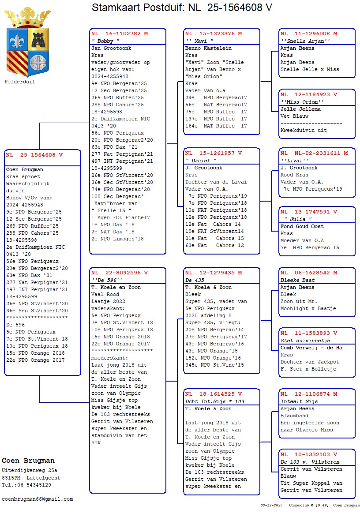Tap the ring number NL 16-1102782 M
pos(120,34)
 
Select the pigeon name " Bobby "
pos(105,41)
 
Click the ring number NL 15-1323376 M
pos(214,34)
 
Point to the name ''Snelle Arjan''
pos(305,41)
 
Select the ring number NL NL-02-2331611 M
pos(314,153)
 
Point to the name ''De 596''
pos(107,280)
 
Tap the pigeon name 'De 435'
pos(195,280)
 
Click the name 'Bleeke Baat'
pos(297,280)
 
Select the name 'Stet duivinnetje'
pos(305,341)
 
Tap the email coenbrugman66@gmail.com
pos(37,499)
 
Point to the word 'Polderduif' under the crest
pos(20,82)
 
